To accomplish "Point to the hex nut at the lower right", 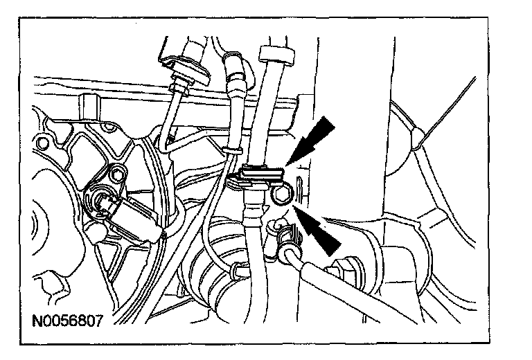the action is tap(344, 266).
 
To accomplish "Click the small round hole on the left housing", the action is tap(44, 143).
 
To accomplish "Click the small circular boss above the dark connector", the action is tap(123, 172).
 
